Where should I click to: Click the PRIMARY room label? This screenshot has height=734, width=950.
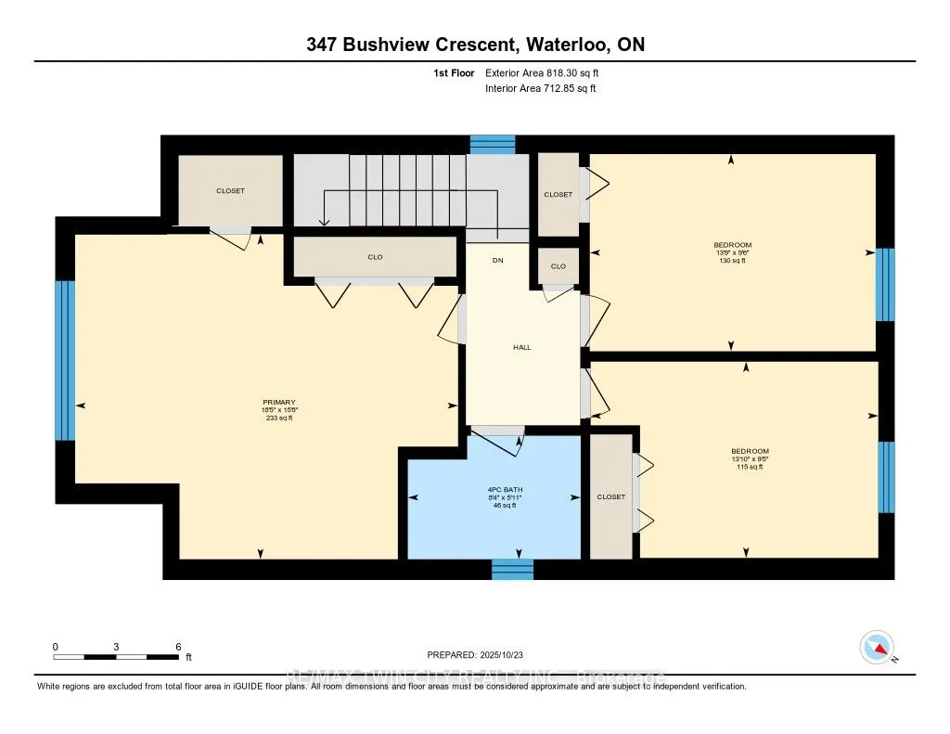click(278, 402)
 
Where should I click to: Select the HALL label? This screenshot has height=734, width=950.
click(522, 347)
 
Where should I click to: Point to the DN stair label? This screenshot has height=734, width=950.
click(497, 261)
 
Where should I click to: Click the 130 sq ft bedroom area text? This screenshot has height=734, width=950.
click(731, 262)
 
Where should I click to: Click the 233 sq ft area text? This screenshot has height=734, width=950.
click(278, 419)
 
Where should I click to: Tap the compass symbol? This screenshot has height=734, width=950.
click(876, 647)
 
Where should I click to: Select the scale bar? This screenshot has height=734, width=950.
click(116, 656)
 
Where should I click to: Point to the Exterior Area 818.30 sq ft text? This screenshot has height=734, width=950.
click(548, 72)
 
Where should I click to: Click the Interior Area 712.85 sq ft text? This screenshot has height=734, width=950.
click(540, 89)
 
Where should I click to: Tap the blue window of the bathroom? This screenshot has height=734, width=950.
click(512, 569)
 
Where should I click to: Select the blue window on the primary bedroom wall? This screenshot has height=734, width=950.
click(64, 360)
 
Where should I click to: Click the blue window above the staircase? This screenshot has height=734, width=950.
click(492, 144)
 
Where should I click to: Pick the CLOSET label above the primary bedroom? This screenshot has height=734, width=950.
click(230, 191)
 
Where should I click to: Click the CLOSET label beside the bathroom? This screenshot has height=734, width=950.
click(610, 497)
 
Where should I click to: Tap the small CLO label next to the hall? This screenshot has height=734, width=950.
click(558, 266)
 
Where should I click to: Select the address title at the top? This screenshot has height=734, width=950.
click(474, 45)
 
